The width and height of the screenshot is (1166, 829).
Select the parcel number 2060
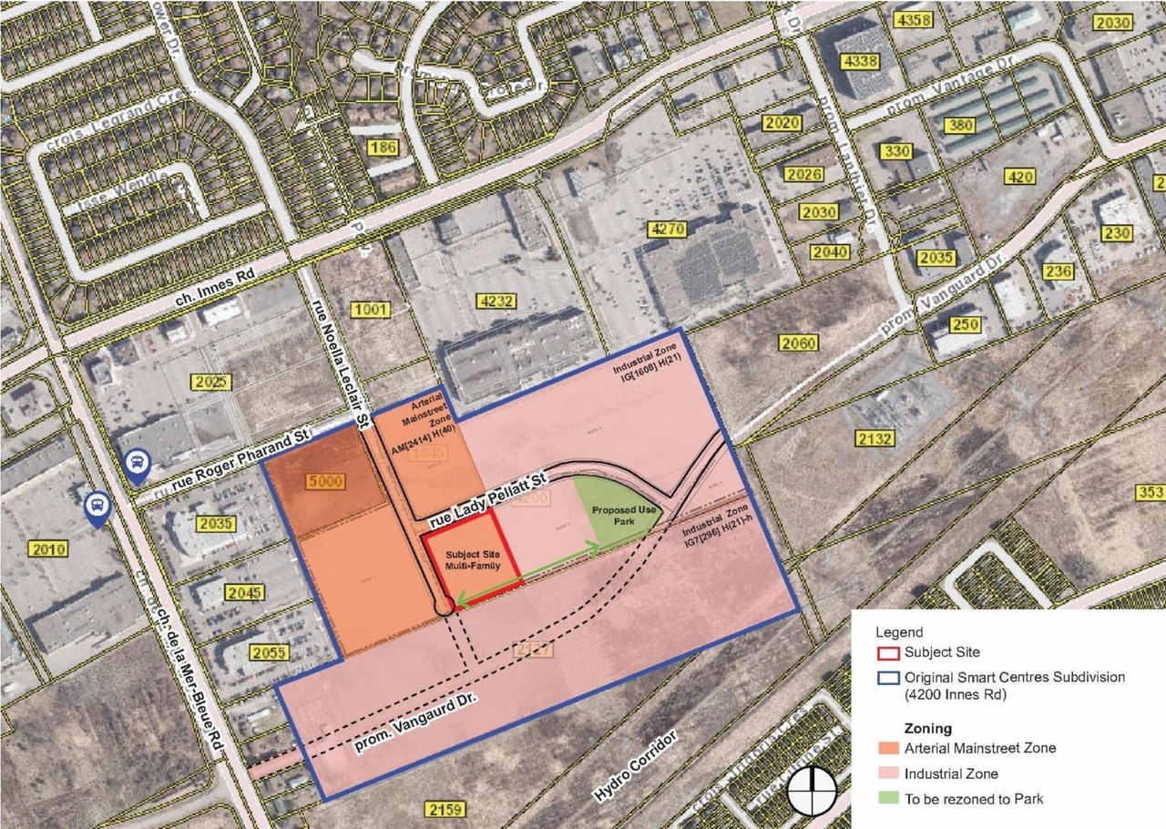click(798, 343)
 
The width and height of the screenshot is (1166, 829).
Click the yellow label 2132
click(874, 438)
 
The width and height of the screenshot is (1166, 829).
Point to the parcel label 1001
click(370, 310)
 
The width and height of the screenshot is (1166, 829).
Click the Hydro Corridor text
click(637, 762)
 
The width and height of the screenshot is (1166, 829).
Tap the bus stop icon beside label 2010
click(96, 509)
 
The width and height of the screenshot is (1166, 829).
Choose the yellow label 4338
click(861, 61)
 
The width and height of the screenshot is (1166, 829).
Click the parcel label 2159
click(445, 809)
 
